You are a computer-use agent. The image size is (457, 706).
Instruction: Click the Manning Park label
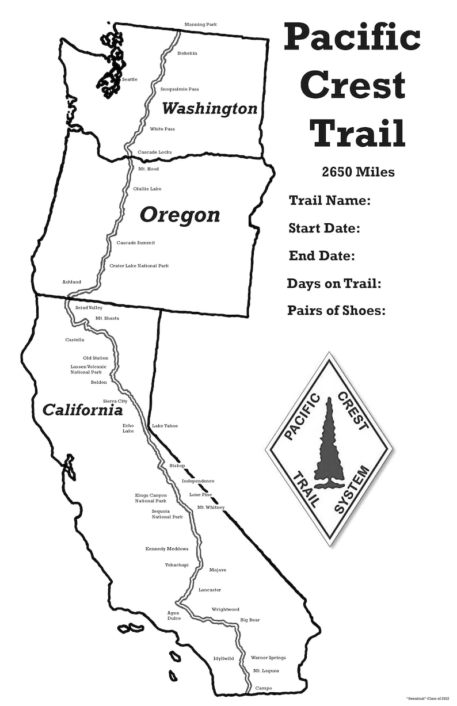click(200, 25)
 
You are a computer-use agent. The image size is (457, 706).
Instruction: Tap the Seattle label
click(130, 79)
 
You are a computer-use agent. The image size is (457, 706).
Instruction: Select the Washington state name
click(209, 108)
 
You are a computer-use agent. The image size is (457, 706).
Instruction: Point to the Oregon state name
click(180, 215)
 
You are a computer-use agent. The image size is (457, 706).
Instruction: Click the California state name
click(82, 410)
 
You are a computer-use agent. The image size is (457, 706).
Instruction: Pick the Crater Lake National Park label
click(139, 266)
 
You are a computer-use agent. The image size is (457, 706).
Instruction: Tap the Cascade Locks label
click(154, 152)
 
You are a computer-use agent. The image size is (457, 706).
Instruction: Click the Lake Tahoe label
click(165, 426)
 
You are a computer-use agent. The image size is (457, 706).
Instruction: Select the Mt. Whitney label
click(211, 507)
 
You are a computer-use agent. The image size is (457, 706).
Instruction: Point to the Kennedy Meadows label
click(167, 549)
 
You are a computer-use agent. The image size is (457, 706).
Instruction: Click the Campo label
click(263, 688)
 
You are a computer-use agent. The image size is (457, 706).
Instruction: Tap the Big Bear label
click(250, 620)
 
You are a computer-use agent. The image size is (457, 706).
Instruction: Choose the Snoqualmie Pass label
click(180, 89)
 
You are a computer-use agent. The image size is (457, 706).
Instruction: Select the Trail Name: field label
click(329, 201)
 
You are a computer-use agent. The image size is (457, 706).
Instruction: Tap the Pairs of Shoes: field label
click(336, 311)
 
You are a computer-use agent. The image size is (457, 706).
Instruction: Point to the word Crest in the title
click(352, 85)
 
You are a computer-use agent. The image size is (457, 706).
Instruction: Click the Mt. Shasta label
click(107, 318)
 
